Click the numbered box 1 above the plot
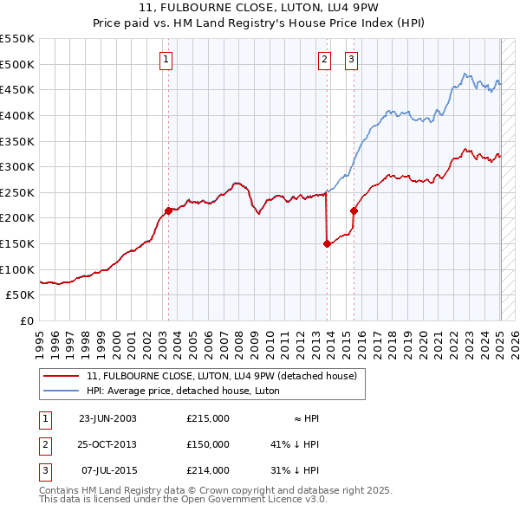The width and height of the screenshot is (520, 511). pyautogui.click(x=166, y=60)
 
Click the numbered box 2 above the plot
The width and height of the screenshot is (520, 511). pyautogui.click(x=324, y=60)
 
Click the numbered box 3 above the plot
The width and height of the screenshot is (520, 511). pyautogui.click(x=352, y=60)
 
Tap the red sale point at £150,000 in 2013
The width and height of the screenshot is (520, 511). pyautogui.click(x=327, y=243)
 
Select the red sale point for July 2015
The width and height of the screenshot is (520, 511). pyautogui.click(x=354, y=210)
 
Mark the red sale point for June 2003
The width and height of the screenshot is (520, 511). pyautogui.click(x=168, y=210)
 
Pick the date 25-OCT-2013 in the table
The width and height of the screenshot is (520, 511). pyautogui.click(x=107, y=444)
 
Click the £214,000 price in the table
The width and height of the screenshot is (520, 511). pyautogui.click(x=208, y=470)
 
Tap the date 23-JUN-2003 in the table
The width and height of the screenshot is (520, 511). pyautogui.click(x=107, y=418)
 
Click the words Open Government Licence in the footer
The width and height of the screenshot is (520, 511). pyautogui.click(x=252, y=499)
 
